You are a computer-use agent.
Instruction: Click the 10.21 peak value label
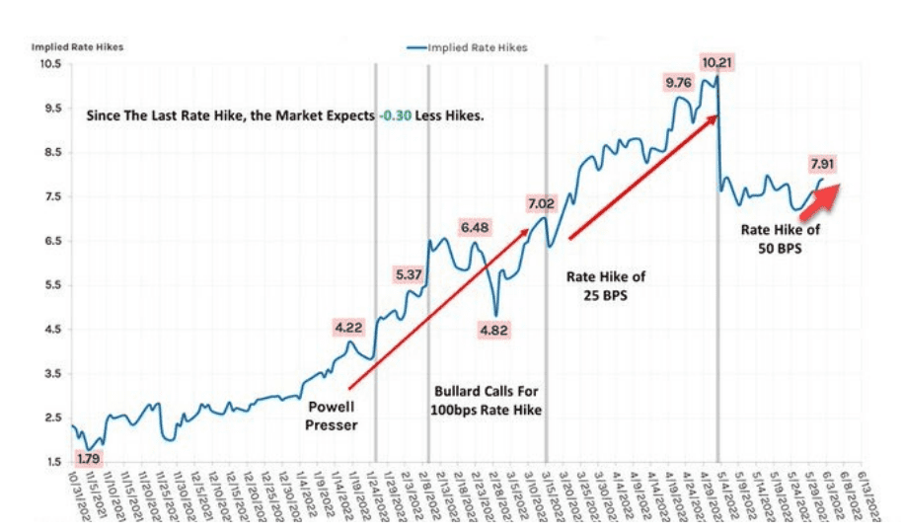[x=717, y=62]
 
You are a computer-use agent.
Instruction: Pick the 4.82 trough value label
[x=492, y=330]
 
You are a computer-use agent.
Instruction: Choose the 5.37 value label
[x=409, y=274]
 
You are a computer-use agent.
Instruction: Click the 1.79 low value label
[x=90, y=459]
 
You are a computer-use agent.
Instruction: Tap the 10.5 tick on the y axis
[x=50, y=64]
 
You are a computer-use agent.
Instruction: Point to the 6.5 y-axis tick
[x=53, y=241]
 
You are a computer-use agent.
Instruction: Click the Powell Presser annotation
[x=332, y=416]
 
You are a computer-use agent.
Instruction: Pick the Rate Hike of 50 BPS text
[x=781, y=239]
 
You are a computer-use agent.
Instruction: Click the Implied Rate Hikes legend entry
[x=466, y=46]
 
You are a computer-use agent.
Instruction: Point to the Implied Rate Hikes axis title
[x=77, y=46]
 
